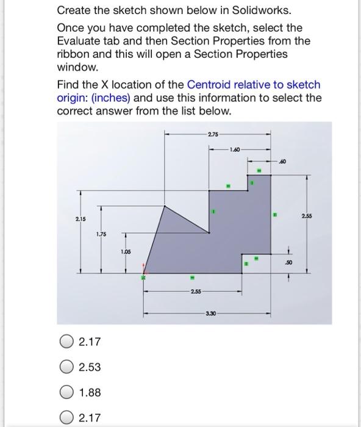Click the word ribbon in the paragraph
[73, 54]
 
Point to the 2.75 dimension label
[213, 134]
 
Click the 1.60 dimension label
[235, 149]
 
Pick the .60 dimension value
[282, 162]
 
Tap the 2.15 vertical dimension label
[80, 219]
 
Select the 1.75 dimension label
[101, 234]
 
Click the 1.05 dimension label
[126, 252]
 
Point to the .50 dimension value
[288, 262]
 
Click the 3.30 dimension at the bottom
[211, 314]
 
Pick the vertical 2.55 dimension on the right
[307, 216]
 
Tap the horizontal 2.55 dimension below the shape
[196, 292]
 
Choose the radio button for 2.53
[66, 367]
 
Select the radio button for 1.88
[66, 392]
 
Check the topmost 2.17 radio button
[66, 342]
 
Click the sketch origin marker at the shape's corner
[144, 273]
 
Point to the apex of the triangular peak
[165, 206]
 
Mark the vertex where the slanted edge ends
[209, 233]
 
